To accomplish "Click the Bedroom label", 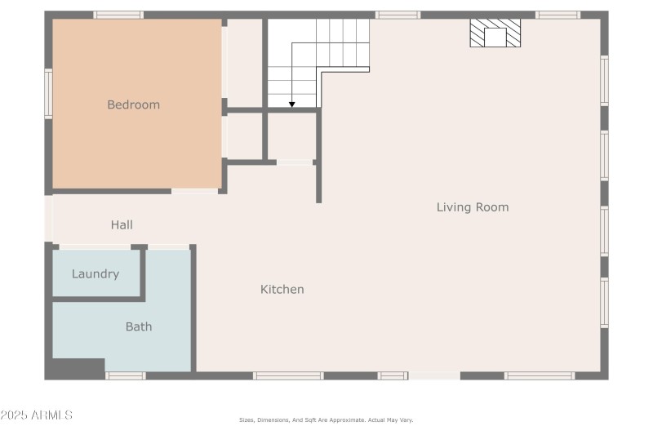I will [133, 104].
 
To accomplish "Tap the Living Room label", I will [472, 207].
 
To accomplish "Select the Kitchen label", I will [282, 289].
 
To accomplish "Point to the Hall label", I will [122, 224].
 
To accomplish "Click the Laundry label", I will [96, 274].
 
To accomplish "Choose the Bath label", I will [138, 326].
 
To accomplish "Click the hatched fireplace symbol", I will [495, 33].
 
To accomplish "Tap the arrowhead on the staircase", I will [291, 104].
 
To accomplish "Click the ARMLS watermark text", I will [37, 415].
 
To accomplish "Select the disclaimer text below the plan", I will [326, 420].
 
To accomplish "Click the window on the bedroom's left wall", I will [48, 94].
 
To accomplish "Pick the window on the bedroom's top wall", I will [118, 15].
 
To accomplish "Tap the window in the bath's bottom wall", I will [126, 375].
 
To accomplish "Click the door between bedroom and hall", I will [194, 191].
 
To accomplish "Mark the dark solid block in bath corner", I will [75, 369].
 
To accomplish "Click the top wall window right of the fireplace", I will [558, 15].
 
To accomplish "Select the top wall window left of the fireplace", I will [398, 15].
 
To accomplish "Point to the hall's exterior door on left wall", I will [48, 218].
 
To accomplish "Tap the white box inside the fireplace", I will [495, 38].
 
